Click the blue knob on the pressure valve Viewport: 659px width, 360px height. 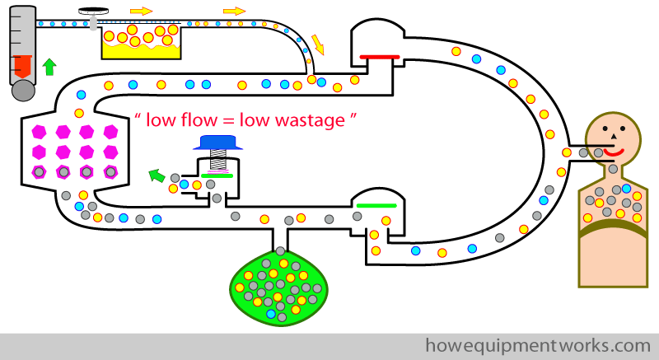[217, 143]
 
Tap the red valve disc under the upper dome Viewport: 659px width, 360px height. [380, 57]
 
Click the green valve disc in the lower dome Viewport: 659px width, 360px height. [376, 205]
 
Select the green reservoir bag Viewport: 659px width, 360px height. [279, 287]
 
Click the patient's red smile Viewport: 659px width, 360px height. [614, 152]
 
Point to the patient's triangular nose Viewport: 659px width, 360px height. [613, 136]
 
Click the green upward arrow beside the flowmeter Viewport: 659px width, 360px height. [49, 67]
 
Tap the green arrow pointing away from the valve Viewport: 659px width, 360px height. [157, 175]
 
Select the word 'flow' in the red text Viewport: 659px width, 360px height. [199, 120]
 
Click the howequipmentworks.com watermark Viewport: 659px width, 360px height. [538, 346]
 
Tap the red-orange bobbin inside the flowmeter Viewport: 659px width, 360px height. [23, 67]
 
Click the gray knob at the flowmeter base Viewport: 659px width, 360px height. [23, 91]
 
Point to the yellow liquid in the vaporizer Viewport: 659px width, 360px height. [141, 50]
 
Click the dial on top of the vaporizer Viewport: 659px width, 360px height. [93, 12]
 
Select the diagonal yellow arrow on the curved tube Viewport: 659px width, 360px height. [318, 44]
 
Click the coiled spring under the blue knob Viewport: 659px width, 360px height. [218, 160]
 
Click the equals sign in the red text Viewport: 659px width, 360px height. [228, 121]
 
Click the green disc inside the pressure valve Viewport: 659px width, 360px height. [217, 175]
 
